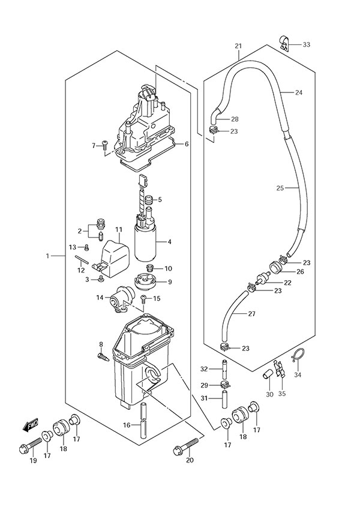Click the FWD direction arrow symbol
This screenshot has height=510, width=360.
pos(31,426)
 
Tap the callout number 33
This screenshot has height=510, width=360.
pos(307,45)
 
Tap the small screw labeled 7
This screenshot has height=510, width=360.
pos(105,145)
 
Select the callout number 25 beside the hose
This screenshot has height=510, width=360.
pos(280,188)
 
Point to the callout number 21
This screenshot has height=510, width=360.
pos(238,47)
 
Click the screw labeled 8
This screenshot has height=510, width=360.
pos(103,357)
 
